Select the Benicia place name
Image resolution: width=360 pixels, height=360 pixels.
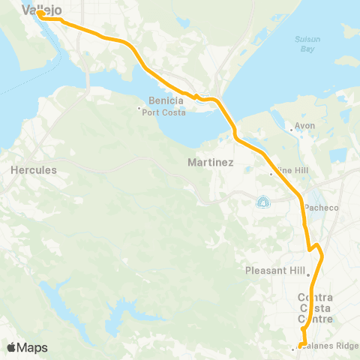(x=151, y=100)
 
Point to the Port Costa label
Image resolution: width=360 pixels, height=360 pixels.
(x=160, y=112)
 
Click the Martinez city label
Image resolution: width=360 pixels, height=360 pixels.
(x=211, y=162)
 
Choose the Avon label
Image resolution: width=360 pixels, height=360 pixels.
(x=305, y=126)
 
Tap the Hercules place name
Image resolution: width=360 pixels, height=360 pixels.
(x=34, y=170)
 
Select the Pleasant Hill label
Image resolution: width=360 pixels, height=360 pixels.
(x=273, y=270)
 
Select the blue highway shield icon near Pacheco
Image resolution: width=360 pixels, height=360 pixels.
(x=262, y=201)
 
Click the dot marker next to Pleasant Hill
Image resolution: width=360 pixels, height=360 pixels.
(x=307, y=274)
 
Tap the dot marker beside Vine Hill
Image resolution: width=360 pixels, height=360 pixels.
(x=271, y=175)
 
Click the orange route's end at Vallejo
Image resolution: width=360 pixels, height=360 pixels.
(x=40, y=13)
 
